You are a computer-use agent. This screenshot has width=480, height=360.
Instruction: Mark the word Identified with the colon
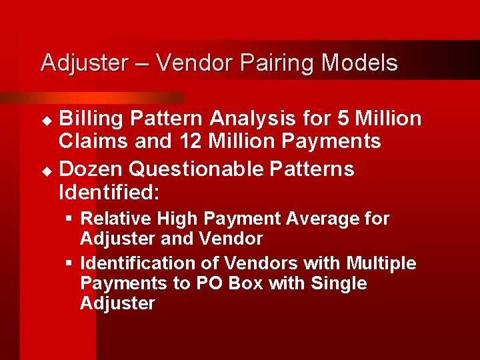tap(109, 193)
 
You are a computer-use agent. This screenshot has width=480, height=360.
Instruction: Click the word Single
tap(338, 283)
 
